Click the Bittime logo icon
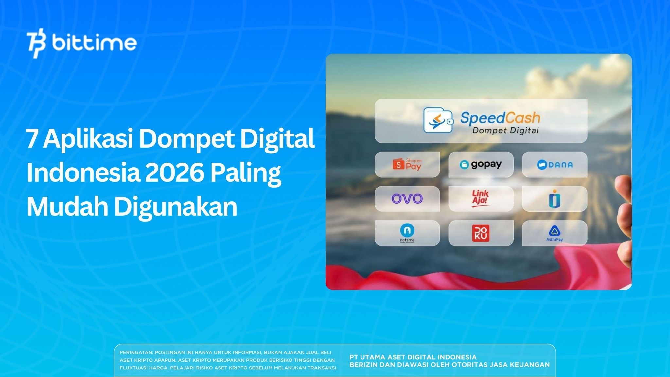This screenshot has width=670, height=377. coord(37,45)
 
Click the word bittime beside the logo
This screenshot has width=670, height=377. coord(94,43)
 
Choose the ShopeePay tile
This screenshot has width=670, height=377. coord(407,164)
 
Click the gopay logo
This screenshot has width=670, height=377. coord(481,164)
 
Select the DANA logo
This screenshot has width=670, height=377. coord(555,165)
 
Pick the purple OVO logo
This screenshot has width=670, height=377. coord(407,199)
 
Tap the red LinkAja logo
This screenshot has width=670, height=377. coord(481,199)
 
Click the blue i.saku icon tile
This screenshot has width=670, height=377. coord(555,199)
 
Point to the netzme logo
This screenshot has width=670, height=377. coord(407,233)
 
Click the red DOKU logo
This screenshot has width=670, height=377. coord(481,233)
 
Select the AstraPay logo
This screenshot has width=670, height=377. coord(555,233)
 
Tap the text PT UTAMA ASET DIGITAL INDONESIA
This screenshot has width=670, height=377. coord(413,357)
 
